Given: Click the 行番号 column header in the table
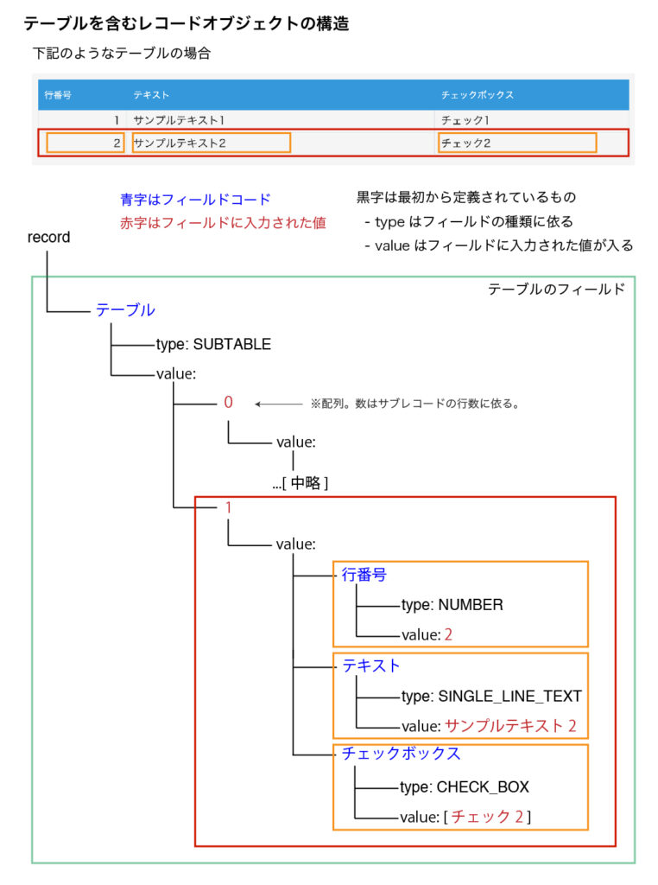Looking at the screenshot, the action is (58, 95).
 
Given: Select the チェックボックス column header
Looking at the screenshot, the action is (477, 95).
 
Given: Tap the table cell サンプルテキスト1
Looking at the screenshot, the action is (179, 120).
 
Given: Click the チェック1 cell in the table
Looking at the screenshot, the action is (465, 120).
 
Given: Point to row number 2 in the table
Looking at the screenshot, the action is (117, 143).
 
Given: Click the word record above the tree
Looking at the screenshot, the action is (49, 237).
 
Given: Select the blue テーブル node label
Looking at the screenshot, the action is (125, 310).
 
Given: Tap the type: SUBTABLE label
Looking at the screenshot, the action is (213, 344).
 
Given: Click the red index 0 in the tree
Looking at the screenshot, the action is (228, 402).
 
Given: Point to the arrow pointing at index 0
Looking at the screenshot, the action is (279, 404).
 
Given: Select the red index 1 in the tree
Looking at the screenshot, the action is (228, 507).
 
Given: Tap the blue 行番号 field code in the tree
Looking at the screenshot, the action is (364, 575).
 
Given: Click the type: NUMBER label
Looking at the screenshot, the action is (452, 605).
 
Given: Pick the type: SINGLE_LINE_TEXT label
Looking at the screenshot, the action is (491, 697).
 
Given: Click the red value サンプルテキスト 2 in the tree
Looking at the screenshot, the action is (511, 726).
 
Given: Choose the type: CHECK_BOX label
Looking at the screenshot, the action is (465, 787).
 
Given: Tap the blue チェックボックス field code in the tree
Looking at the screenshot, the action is (402, 754).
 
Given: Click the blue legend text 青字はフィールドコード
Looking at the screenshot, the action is (196, 200).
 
